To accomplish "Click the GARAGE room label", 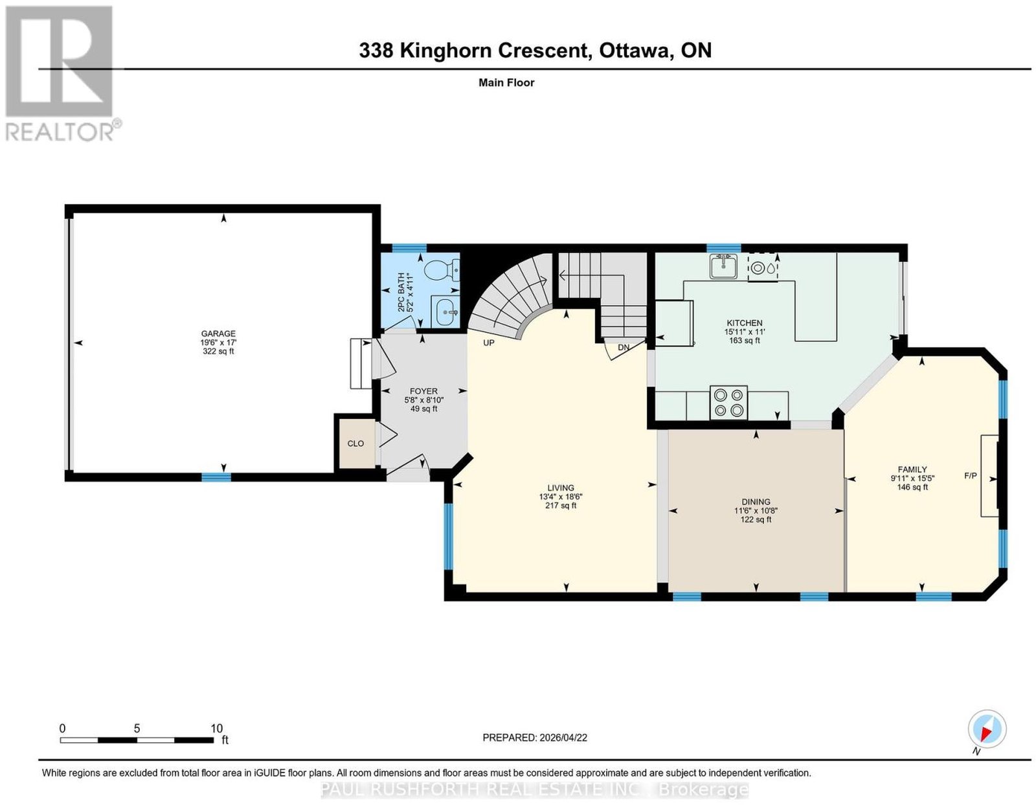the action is (218, 334).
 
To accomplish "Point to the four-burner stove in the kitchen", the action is (728, 402).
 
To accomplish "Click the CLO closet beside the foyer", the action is (355, 444).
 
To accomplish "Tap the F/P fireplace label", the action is (970, 475).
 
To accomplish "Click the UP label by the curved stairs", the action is (489, 343).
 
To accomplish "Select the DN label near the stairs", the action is (624, 347).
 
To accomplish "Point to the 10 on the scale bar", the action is (216, 729).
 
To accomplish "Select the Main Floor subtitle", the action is (506, 82).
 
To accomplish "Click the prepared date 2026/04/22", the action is (563, 738).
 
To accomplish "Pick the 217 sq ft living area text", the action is (561, 505).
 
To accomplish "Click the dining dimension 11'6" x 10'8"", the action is (756, 510).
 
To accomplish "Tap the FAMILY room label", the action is (912, 469).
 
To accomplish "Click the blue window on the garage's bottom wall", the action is (216, 477).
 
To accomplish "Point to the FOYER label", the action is (423, 391).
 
